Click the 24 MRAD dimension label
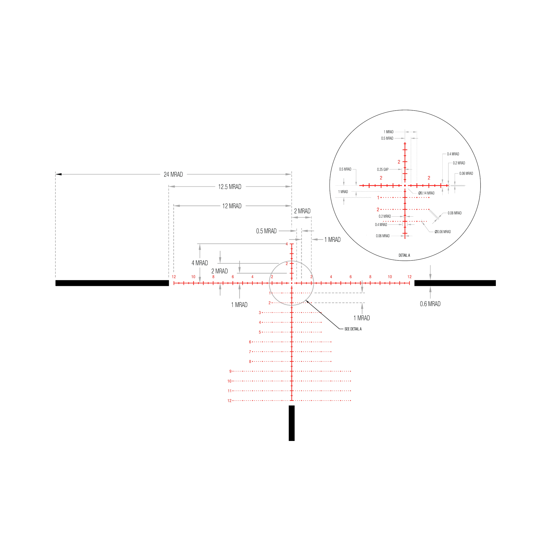click(173, 174)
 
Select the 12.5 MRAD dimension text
click(230, 187)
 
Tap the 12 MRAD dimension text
click(232, 206)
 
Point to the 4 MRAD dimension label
click(200, 263)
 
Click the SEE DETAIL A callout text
click(353, 329)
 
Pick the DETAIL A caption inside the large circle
click(404, 255)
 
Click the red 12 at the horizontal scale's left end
click(174, 277)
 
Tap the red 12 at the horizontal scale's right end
click(409, 277)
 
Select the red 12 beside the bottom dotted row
click(229, 401)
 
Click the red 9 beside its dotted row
click(231, 371)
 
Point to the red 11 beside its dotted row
click(229, 391)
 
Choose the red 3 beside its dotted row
click(260, 313)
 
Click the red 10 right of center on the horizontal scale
click(390, 277)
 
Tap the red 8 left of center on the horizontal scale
click(213, 277)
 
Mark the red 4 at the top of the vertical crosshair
click(287, 244)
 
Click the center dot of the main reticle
click(292, 283)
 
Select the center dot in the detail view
click(405, 186)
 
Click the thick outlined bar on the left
click(112, 283)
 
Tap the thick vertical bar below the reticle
click(291, 423)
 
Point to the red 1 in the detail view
click(378, 197)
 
